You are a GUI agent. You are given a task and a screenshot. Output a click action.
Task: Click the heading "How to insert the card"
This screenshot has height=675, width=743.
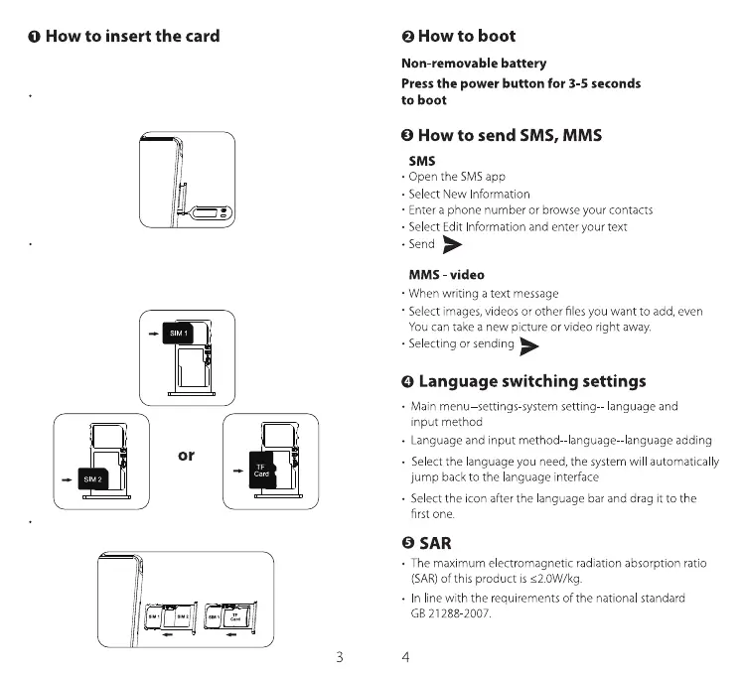tap(132, 37)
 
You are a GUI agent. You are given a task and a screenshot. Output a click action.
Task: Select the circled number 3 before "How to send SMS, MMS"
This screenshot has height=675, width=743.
tap(407, 136)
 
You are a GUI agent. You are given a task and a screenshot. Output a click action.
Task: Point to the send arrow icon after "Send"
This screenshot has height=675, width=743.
tap(452, 245)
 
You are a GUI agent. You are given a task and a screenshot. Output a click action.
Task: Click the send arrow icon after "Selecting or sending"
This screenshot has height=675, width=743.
tap(530, 345)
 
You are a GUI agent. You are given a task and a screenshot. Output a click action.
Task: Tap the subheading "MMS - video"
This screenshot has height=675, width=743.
tap(447, 274)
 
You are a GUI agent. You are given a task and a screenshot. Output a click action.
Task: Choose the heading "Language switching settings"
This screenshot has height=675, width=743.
tap(531, 381)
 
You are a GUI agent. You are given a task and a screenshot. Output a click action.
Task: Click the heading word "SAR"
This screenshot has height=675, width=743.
tap(435, 543)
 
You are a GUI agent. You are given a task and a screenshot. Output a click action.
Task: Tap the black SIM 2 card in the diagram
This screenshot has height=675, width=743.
tap(91, 479)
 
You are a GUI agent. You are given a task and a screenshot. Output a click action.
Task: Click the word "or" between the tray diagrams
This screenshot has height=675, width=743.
tap(186, 456)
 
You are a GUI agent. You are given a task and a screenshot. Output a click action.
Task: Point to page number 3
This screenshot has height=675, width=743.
tap(340, 657)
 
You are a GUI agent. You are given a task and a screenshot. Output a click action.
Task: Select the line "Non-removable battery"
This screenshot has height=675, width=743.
tap(473, 64)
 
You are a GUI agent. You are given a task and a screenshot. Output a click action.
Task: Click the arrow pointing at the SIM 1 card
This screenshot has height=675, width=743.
tap(151, 334)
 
